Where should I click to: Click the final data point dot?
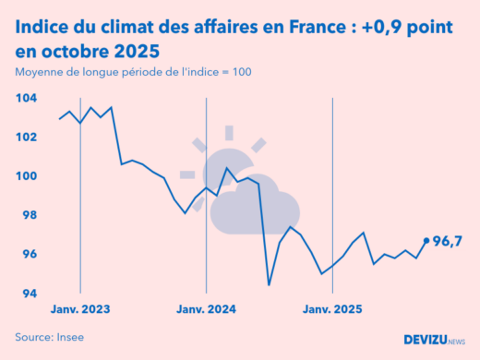coord(426,240)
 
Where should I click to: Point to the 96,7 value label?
coord(448,242)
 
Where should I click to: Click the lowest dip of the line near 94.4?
coord(270,284)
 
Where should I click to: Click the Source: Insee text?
coord(49,337)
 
